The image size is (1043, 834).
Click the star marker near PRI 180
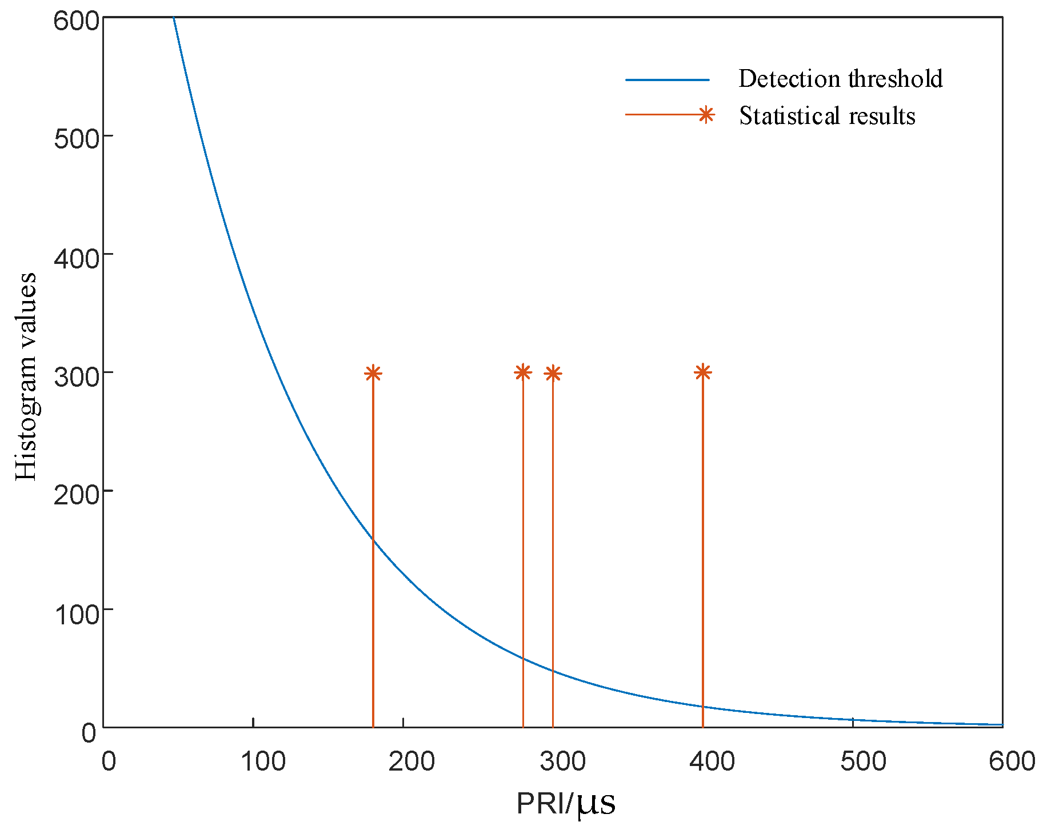373,373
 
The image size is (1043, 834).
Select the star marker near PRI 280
523,372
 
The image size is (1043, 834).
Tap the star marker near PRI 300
553,373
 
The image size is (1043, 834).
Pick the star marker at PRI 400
702,372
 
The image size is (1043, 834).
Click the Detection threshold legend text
840,79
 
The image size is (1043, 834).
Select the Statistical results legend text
827,116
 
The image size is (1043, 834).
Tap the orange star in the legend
706,115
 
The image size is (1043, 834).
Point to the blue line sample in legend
667,80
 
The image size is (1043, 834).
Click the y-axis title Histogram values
26,377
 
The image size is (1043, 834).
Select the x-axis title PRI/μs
566,804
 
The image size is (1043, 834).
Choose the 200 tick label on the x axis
411,761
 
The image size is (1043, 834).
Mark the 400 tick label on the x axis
712,761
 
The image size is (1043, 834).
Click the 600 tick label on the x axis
1012,761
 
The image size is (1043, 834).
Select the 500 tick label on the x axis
863,761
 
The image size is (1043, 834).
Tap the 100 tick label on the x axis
262,761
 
